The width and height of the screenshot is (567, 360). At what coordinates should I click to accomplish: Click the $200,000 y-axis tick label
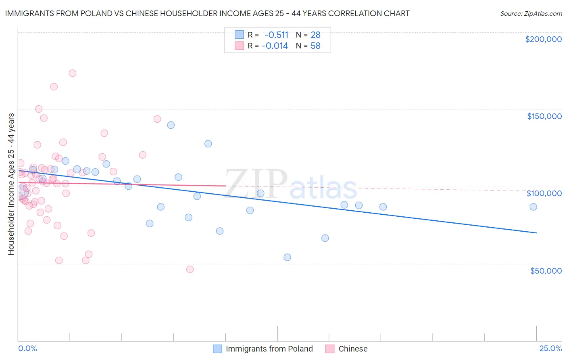point(543,39)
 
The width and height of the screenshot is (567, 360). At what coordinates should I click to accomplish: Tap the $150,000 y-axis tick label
point(544,116)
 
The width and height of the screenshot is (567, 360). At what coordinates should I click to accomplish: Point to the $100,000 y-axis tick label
point(544,193)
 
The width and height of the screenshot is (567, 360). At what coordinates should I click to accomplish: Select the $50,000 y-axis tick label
point(546,270)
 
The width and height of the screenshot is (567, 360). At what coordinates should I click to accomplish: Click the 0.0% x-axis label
point(27,348)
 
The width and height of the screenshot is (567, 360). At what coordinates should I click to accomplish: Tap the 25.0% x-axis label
point(550,348)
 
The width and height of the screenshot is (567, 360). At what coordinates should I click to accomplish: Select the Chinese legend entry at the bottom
point(353,349)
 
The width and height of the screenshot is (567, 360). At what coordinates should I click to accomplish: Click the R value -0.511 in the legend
point(276,35)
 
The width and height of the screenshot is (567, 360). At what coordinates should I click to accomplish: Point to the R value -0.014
point(275,46)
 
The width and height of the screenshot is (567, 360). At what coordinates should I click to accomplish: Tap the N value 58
point(315,46)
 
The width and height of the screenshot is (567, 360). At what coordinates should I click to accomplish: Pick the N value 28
point(315,35)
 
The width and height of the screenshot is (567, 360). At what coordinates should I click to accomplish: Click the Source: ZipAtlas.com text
point(531,13)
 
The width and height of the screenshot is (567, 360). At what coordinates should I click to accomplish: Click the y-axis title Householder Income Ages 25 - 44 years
point(11,184)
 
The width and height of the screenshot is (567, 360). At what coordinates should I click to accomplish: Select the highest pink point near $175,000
point(73,73)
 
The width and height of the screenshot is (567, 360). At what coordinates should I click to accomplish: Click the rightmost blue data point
point(533,207)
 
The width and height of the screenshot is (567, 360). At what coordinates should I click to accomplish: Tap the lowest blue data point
point(287,257)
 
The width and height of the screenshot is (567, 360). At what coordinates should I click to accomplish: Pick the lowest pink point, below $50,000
point(190,269)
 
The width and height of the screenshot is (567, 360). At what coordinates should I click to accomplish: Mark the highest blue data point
point(171,125)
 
